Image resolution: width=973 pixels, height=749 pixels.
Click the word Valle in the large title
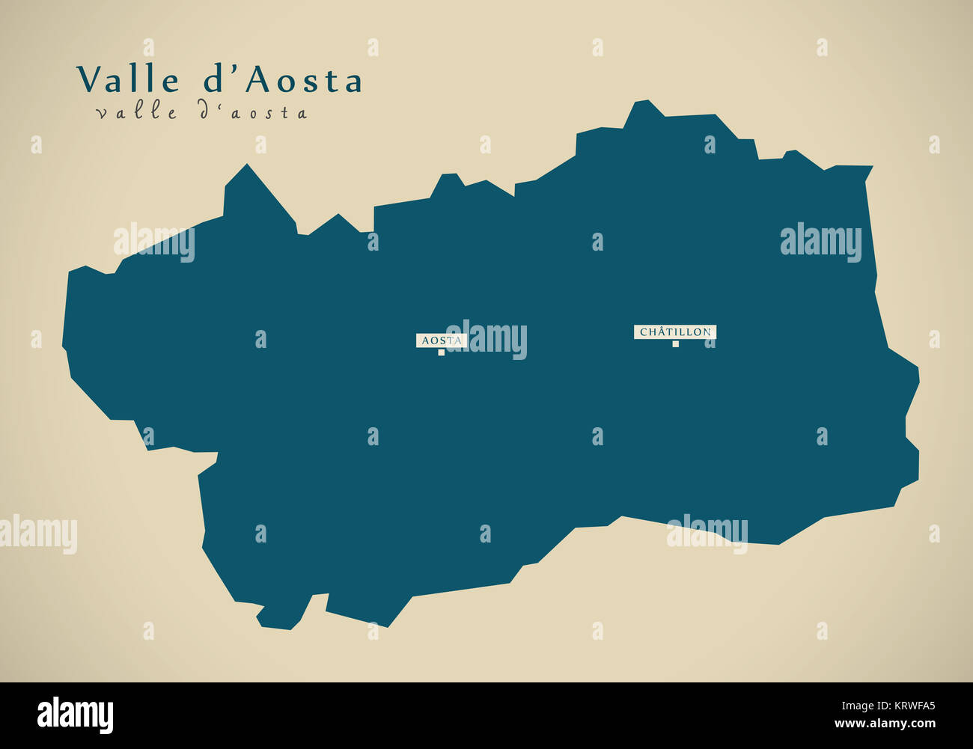click(128, 80)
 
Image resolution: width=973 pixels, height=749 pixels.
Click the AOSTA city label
click(442, 340)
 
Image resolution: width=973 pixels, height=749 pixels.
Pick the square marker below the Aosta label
click(442, 352)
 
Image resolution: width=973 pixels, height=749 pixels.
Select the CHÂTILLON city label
click(675, 331)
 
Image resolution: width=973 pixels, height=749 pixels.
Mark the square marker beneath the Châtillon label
click(675, 344)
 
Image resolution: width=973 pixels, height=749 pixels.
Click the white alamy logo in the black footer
click(75, 715)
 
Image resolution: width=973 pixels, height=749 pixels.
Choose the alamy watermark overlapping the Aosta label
click(488, 340)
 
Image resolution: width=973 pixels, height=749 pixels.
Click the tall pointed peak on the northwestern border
click(246, 168)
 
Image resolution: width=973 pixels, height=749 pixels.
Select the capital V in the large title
click(88, 79)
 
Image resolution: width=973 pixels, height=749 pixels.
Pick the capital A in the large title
click(257, 79)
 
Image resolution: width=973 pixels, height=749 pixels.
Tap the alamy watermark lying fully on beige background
click(38, 534)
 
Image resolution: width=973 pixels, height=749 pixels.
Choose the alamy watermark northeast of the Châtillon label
click(820, 242)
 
